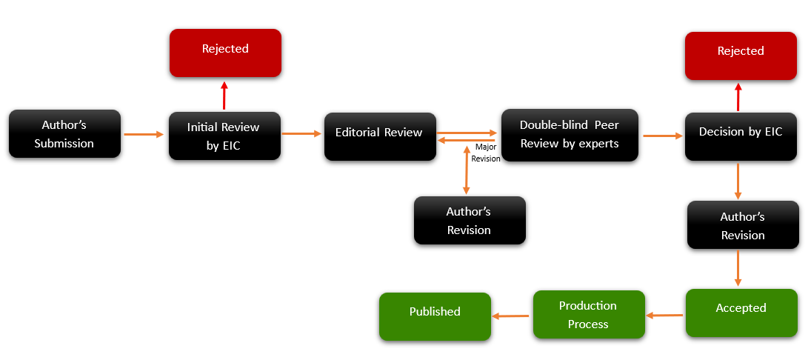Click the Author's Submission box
[x=64, y=134]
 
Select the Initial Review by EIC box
[x=224, y=136]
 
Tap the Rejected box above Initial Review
[x=225, y=53]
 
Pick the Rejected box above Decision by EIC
[x=741, y=56]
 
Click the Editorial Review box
[x=379, y=136]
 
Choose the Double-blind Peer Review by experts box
[x=569, y=135]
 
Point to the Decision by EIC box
[x=741, y=136]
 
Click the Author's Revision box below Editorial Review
[x=469, y=220]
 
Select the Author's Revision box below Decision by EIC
[x=743, y=225]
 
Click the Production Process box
[x=589, y=315]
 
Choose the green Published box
[x=435, y=316]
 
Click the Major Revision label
[x=486, y=153]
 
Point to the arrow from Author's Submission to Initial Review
[x=144, y=135]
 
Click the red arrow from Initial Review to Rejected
[x=224, y=96]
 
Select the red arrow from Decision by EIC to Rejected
[x=738, y=97]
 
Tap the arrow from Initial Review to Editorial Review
[x=301, y=134]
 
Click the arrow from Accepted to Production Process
[x=665, y=316]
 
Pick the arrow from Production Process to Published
[x=511, y=316]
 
